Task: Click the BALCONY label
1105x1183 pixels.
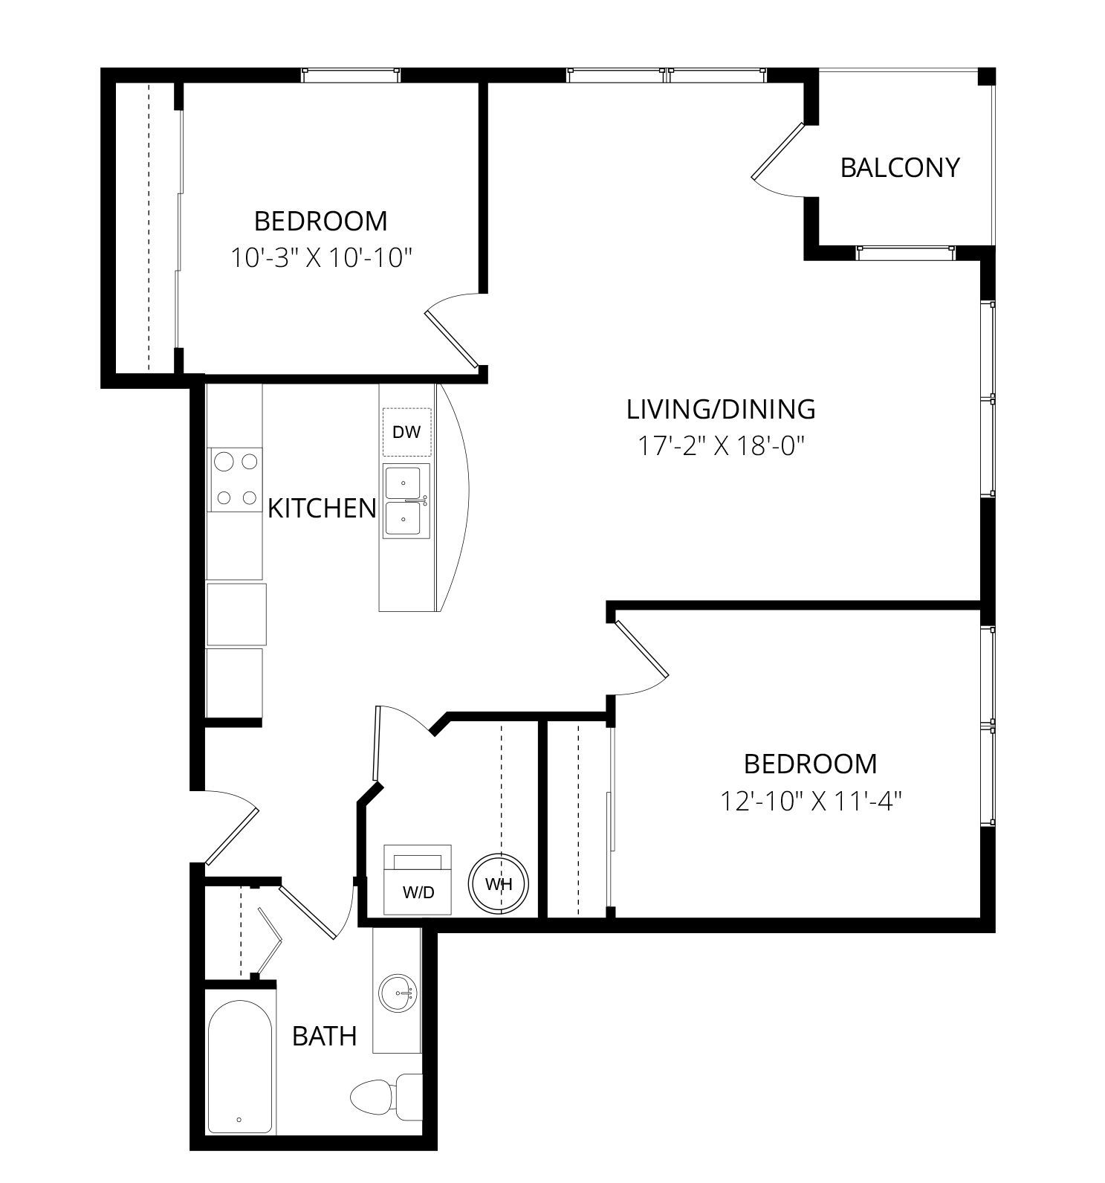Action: click(900, 167)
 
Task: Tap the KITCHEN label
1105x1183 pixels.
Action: click(322, 509)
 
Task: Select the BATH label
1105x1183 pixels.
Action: click(324, 1036)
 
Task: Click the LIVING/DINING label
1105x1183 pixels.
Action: click(721, 409)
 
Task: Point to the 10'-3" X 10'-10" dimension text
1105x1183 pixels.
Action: click(321, 258)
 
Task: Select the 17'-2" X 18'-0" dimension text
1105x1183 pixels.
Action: click(721, 446)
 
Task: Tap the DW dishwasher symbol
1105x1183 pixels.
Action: click(406, 432)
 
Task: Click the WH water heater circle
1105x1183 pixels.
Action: click(499, 884)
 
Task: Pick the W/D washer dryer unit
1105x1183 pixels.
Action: click(418, 880)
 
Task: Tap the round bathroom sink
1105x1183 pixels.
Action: click(398, 993)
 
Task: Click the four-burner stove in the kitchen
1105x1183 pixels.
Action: click(235, 480)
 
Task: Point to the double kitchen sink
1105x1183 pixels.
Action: click(406, 501)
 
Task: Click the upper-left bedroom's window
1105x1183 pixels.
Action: click(351, 75)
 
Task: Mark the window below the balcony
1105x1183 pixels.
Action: click(905, 253)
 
